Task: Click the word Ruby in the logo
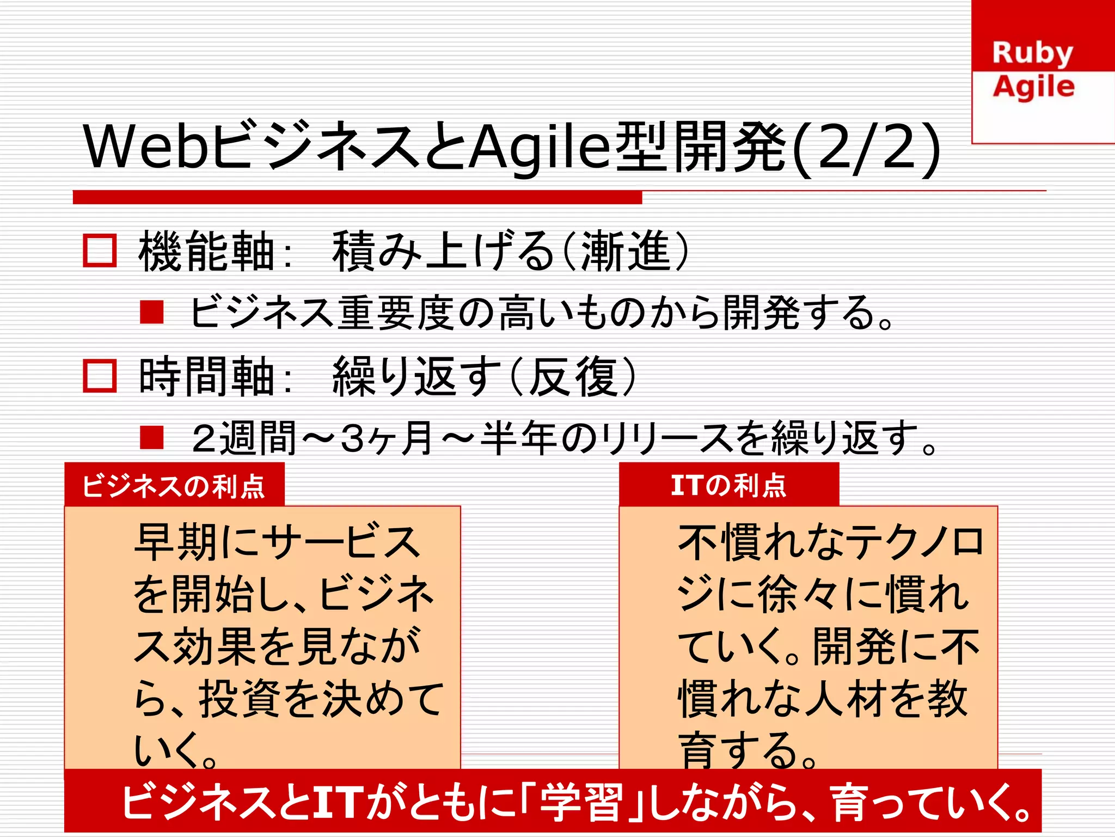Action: point(1032,53)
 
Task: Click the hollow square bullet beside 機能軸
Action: point(100,251)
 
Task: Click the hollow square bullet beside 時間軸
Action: point(100,376)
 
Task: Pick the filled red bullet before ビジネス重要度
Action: point(152,313)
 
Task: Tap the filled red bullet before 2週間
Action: point(152,437)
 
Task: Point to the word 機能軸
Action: point(207,251)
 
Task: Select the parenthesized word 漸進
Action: point(626,251)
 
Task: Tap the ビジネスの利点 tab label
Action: point(174,486)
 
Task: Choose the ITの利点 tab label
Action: point(728,485)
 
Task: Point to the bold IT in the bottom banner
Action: point(338,802)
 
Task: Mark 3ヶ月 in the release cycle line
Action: point(387,438)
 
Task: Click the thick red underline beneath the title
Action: point(357,197)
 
